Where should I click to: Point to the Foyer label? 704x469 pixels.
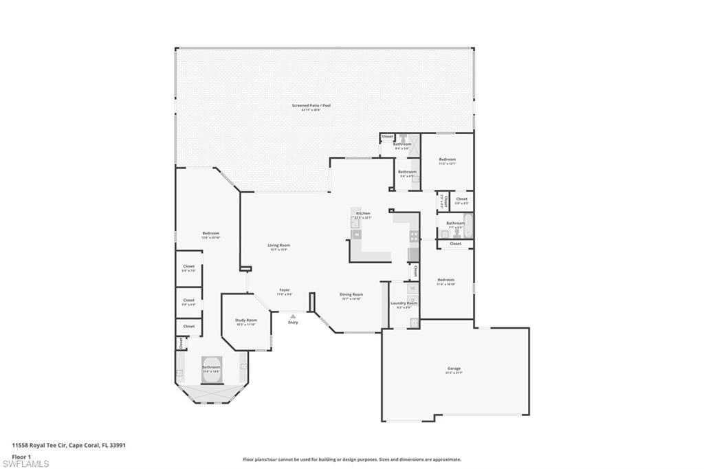click(x=284, y=291)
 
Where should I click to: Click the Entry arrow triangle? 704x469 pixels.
click(x=293, y=316)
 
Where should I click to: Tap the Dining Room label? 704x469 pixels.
click(x=351, y=296)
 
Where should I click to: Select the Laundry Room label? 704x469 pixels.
click(x=404, y=304)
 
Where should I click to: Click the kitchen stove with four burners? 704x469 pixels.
click(x=414, y=236)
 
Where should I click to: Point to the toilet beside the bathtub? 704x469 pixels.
click(x=456, y=234)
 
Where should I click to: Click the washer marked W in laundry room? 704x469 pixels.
click(x=412, y=288)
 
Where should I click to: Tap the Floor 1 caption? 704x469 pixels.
click(x=21, y=456)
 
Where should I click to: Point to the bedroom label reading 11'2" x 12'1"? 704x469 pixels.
click(x=447, y=161)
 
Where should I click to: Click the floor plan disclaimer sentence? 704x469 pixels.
click(x=351, y=459)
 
